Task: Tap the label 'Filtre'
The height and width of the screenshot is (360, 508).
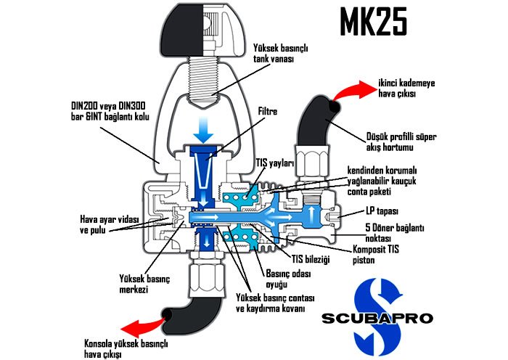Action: tap(269, 112)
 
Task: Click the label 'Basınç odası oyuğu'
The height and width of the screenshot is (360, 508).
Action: tap(286, 280)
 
